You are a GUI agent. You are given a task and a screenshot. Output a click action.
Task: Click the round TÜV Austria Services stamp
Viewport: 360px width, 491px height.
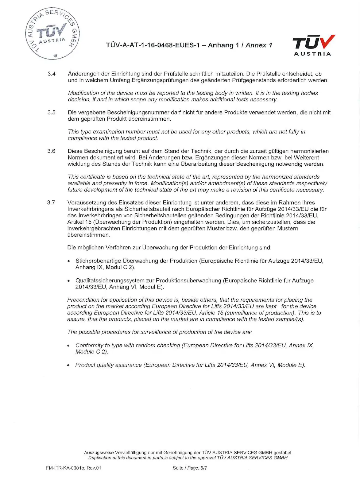(x=52, y=33)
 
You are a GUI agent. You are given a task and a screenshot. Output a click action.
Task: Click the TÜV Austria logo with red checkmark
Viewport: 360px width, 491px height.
(x=313, y=45)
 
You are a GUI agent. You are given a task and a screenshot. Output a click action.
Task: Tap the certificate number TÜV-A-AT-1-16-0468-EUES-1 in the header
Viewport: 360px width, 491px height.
(x=153, y=45)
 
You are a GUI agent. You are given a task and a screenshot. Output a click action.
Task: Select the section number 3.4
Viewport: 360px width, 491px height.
(x=52, y=74)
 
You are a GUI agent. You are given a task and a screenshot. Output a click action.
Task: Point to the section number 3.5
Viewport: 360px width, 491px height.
(x=52, y=112)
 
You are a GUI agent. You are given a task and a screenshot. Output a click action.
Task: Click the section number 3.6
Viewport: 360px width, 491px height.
(x=51, y=151)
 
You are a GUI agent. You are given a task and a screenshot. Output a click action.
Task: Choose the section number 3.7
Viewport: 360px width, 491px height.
(x=51, y=203)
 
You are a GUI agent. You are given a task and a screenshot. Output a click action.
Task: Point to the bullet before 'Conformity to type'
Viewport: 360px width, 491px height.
(x=68, y=346)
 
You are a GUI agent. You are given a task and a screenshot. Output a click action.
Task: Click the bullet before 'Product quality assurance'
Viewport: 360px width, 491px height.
(x=68, y=365)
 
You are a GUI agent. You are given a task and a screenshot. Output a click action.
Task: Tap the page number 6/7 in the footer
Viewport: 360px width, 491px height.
(x=203, y=468)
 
